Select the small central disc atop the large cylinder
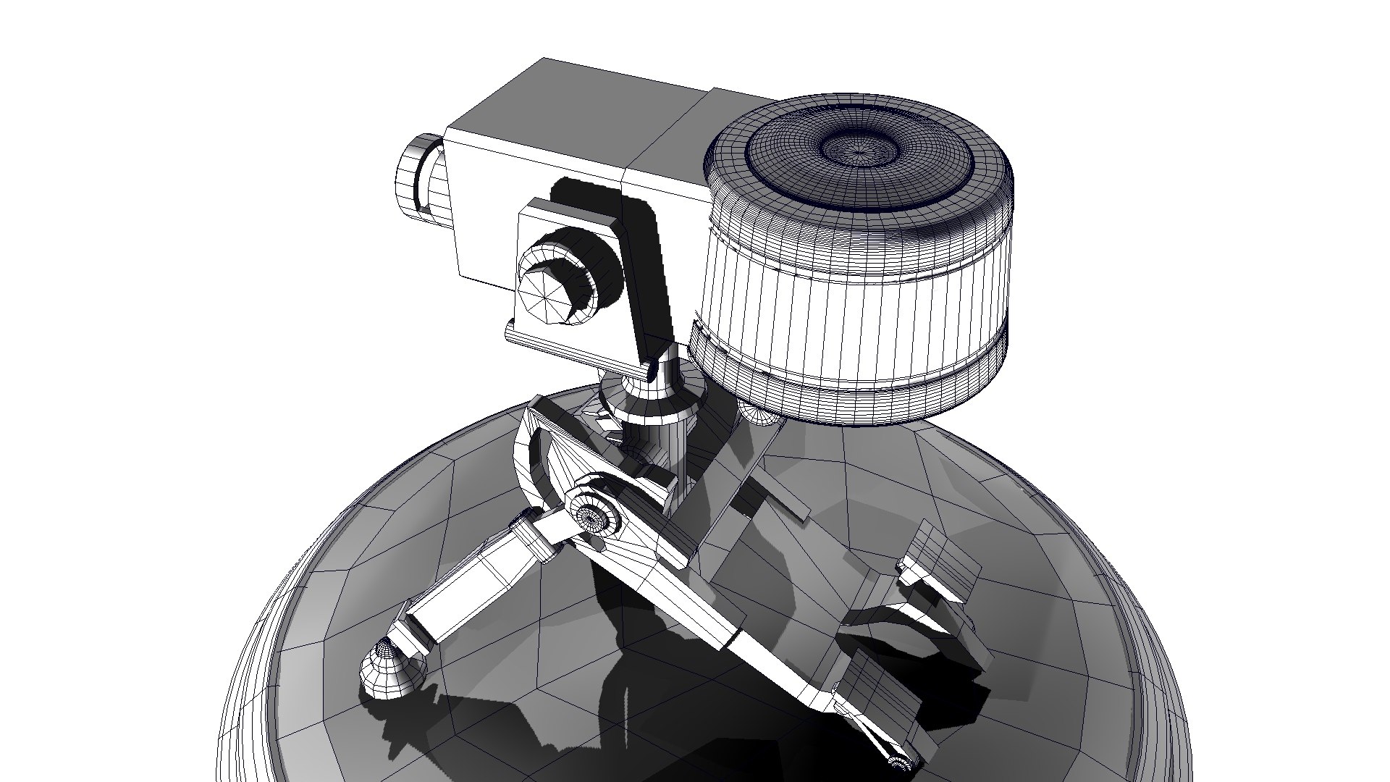point(859,149)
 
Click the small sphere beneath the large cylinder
point(758,414)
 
